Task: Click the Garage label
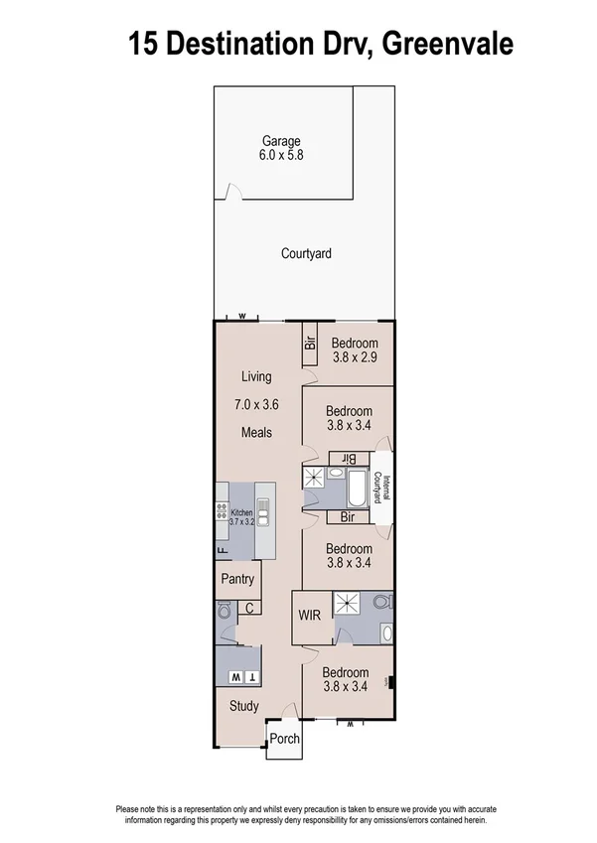pyautogui.click(x=281, y=141)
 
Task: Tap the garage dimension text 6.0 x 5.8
pyautogui.click(x=281, y=156)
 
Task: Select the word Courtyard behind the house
pyautogui.click(x=306, y=254)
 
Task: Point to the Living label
pyautogui.click(x=256, y=376)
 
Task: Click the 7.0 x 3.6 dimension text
pyautogui.click(x=256, y=405)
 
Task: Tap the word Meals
pyautogui.click(x=256, y=433)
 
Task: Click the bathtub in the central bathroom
pyautogui.click(x=355, y=489)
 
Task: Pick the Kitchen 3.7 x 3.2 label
pyautogui.click(x=242, y=516)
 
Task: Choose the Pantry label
pyautogui.click(x=237, y=580)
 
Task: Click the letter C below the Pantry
pyautogui.click(x=249, y=609)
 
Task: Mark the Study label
pyautogui.click(x=243, y=707)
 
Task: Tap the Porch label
pyautogui.click(x=285, y=740)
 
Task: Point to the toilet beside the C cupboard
pyautogui.click(x=224, y=614)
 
